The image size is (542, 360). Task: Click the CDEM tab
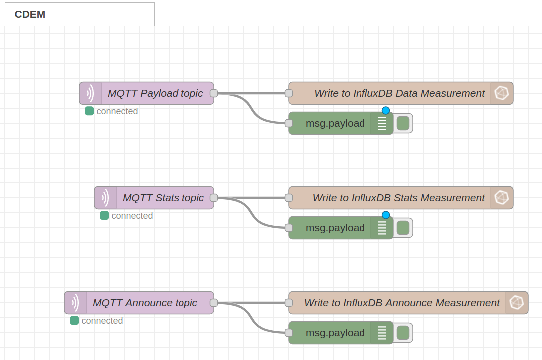coord(30,14)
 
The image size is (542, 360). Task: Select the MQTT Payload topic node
coord(155,93)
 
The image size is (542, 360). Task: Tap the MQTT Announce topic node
coord(145,303)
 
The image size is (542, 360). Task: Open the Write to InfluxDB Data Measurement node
coord(399,93)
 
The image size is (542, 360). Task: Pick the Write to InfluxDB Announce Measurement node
coord(401,303)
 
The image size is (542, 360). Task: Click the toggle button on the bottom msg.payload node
coord(403,333)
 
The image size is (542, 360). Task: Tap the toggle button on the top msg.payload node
coord(403,123)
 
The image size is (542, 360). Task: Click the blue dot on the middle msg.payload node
coord(385,215)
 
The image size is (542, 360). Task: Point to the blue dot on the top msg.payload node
coord(385,111)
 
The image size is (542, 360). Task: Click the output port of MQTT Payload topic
coord(214,93)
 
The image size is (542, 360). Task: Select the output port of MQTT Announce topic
coord(214,303)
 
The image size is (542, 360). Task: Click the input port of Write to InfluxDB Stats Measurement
coord(288,198)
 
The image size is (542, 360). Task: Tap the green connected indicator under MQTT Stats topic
coord(104,216)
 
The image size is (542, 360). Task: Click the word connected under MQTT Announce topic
coord(102,321)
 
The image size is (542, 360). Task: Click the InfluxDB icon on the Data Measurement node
coord(501,93)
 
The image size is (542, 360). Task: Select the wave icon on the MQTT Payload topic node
coord(90,93)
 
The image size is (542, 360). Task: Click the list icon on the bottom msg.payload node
coord(382,333)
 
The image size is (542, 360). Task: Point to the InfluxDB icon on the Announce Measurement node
coord(516,303)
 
